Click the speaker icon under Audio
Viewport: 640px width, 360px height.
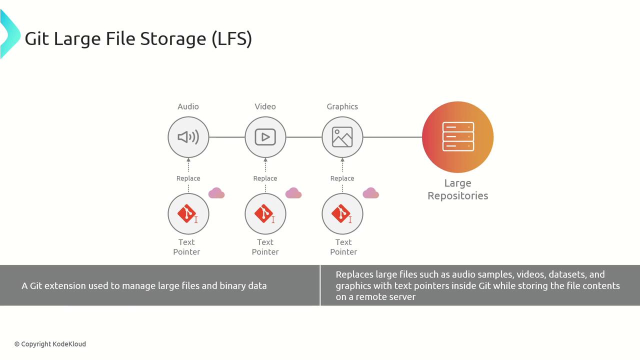(188, 137)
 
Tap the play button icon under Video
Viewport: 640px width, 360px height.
(265, 137)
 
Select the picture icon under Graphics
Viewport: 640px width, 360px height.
(342, 137)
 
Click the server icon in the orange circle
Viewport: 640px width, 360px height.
(458, 137)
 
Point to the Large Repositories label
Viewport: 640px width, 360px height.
(457, 189)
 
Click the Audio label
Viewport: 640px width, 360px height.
(188, 106)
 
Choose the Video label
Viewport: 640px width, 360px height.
(265, 106)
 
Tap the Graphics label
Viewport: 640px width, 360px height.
(342, 106)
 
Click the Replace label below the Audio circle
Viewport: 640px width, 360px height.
(188, 178)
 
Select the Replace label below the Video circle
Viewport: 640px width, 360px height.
(265, 178)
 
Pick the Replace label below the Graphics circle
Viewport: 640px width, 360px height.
(342, 178)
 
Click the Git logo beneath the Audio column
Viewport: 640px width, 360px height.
(187, 213)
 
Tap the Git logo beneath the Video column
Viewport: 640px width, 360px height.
(264, 213)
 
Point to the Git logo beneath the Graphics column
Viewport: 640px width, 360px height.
(341, 213)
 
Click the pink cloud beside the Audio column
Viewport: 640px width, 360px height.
(216, 193)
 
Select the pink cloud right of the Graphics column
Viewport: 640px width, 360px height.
(370, 193)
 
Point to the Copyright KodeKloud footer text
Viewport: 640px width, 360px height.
(50, 344)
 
